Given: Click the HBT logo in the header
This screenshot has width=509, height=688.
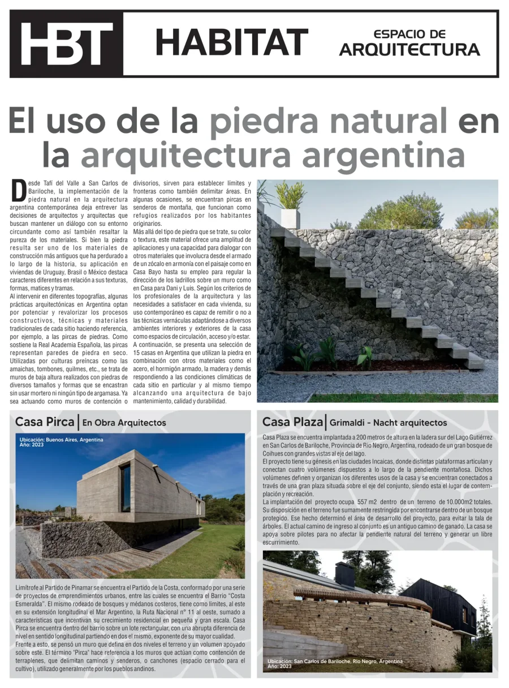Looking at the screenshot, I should click(67, 44).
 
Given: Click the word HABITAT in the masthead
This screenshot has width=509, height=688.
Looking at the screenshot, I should click(231, 42).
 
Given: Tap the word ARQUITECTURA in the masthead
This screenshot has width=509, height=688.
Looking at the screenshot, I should click(409, 50).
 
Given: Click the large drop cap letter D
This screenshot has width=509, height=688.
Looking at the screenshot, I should click(19, 190).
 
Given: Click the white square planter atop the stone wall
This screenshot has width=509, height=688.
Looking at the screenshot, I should click(290, 218).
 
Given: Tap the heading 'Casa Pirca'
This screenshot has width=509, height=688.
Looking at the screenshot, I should click(45, 422).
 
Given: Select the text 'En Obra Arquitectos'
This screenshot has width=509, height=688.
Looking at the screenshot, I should click(124, 423).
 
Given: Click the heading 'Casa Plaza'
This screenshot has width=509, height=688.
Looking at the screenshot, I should click(292, 422).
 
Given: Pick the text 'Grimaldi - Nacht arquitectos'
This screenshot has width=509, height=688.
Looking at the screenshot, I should click(388, 423).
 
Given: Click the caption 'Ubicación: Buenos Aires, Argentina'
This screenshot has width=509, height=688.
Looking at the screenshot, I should click(62, 440).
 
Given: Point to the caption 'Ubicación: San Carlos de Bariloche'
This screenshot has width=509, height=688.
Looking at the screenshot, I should click(335, 661).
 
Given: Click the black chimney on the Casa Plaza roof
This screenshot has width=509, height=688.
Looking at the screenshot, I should click(344, 575).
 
